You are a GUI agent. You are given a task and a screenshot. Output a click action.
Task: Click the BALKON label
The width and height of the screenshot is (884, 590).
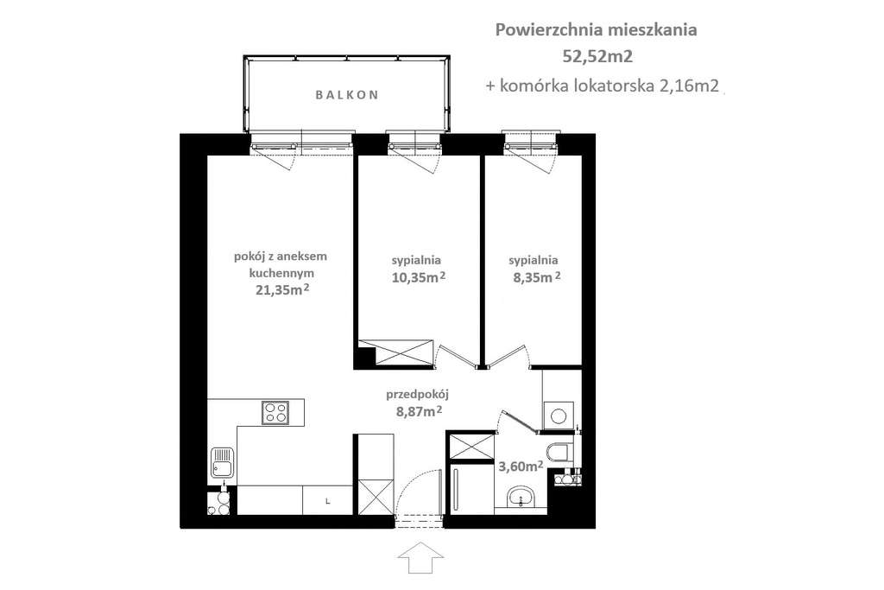tap(345, 96)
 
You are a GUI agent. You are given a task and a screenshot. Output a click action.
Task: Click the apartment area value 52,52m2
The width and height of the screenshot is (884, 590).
tap(597, 58)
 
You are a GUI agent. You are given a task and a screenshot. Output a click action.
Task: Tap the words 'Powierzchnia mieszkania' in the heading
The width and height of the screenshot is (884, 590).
tap(597, 30)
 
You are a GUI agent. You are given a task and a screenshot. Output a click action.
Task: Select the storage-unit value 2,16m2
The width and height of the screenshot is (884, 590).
tap(691, 86)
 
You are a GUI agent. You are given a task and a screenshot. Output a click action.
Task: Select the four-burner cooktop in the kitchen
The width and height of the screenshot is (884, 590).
tap(275, 412)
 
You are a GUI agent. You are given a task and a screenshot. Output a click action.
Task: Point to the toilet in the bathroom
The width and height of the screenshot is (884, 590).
tap(559, 450)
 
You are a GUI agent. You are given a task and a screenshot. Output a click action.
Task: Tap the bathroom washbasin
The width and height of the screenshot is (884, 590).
tap(521, 497)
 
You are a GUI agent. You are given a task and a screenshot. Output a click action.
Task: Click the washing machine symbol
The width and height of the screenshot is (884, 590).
tap(559, 415)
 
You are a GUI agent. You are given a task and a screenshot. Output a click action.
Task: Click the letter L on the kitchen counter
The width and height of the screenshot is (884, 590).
tap(327, 500)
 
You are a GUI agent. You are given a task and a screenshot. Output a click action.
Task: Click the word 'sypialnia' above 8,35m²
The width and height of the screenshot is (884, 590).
tap(534, 259)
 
